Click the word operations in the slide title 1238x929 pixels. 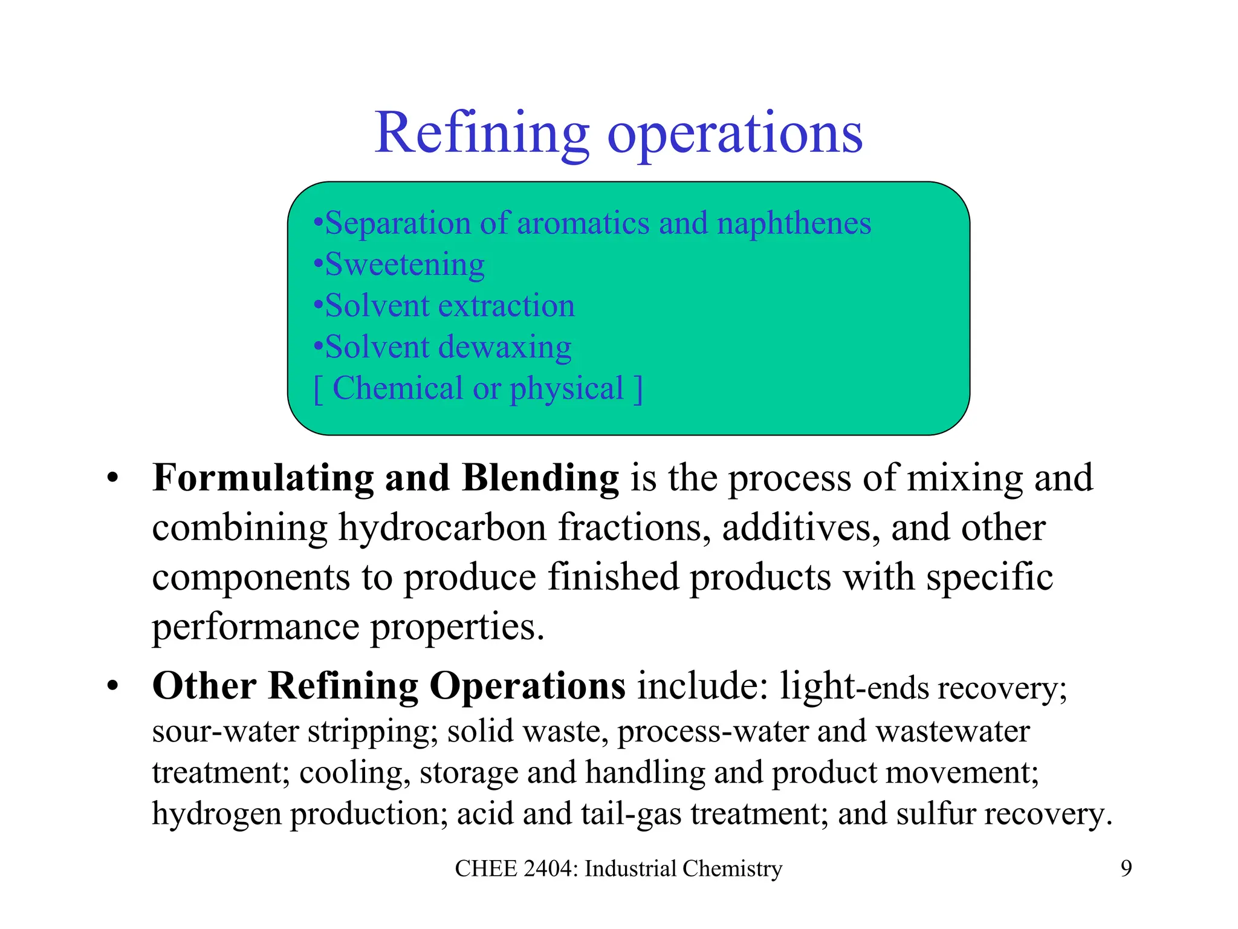coord(734,134)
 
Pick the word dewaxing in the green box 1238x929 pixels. coord(505,348)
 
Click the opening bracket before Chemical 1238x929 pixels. coord(317,389)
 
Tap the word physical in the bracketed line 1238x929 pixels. coord(566,389)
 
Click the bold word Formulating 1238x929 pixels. coord(262,478)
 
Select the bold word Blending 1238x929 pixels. coord(540,478)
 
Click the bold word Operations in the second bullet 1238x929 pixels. coord(527,686)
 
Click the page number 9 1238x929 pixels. coord(1126,869)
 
